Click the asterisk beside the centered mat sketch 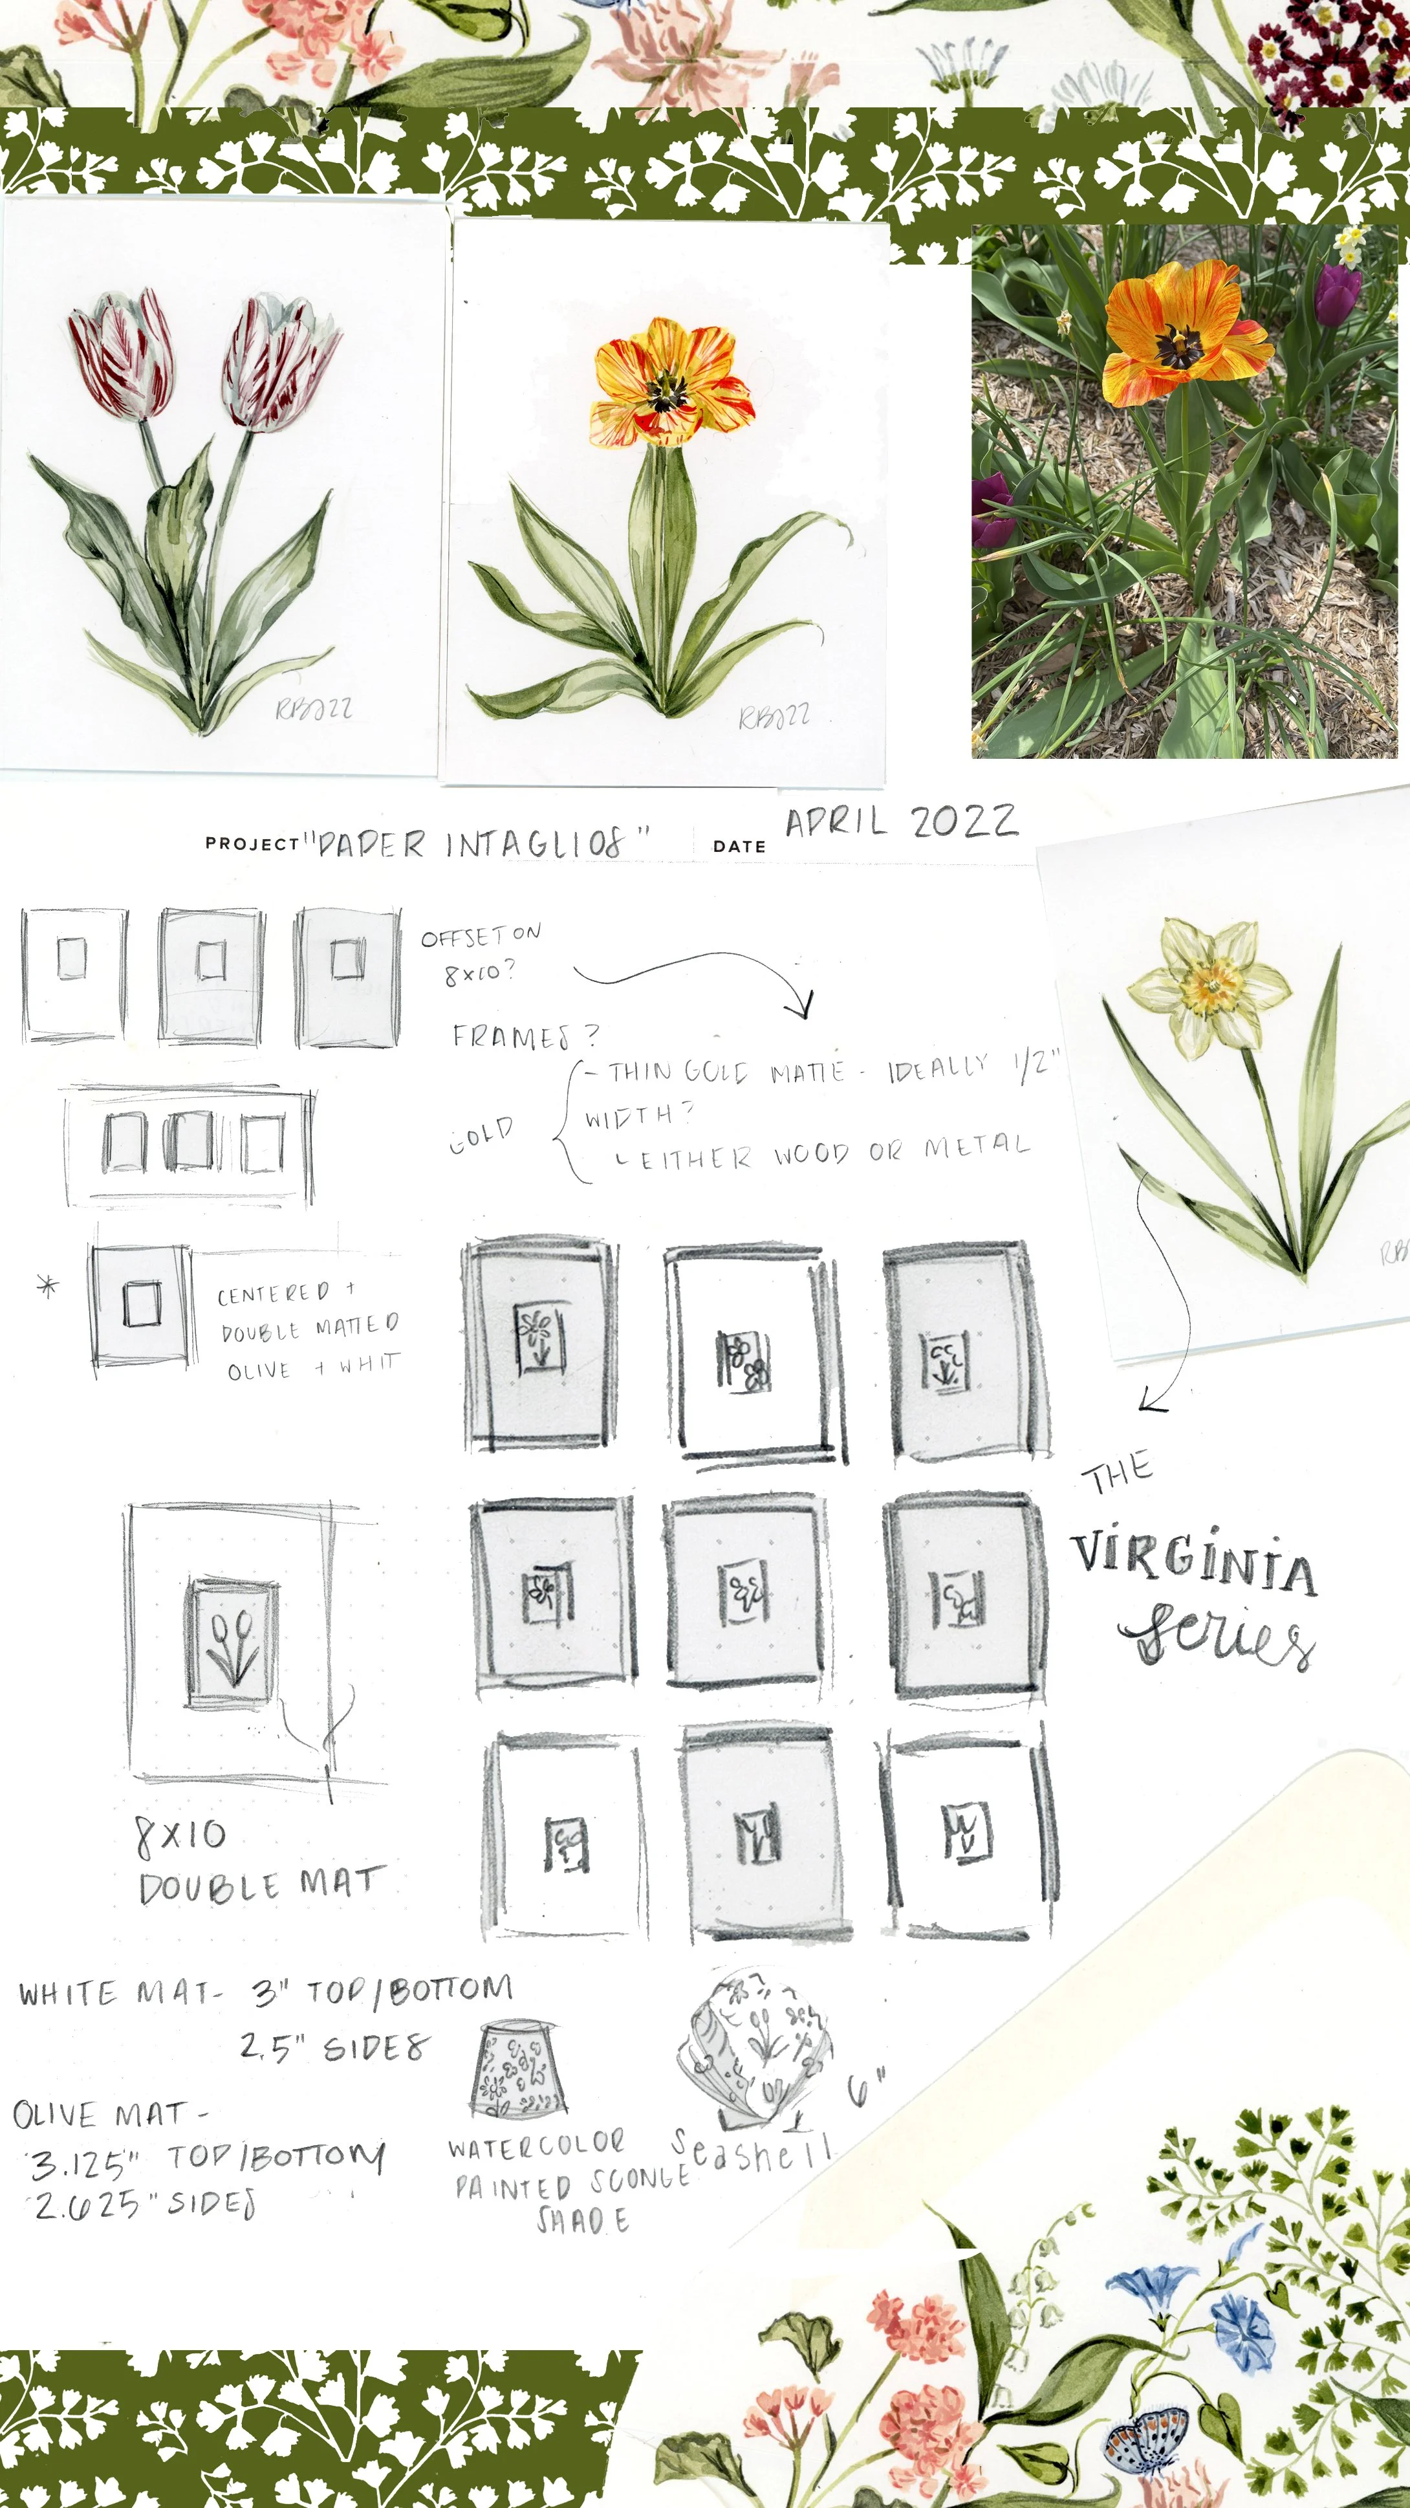(47, 1286)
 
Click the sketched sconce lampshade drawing (516, 2069)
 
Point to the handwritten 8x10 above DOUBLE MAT (180, 1835)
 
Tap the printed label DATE (739, 846)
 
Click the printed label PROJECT (251, 843)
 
